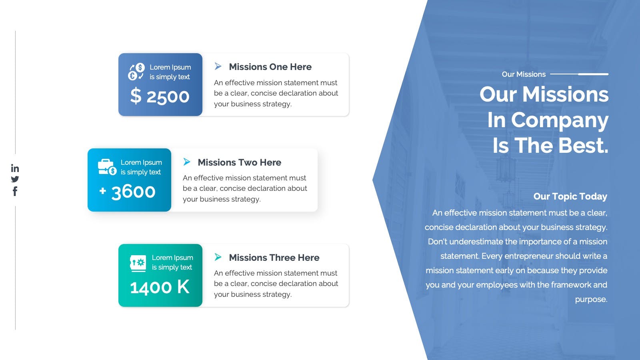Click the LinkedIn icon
pos(15,168)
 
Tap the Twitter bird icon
pos(15,179)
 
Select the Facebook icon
pos(15,191)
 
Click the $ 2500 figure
pos(160,96)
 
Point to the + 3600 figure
pos(128,192)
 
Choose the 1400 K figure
pos(160,287)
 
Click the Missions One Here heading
pos(270,66)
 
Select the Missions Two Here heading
pos(240,162)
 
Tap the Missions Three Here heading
pos(274,258)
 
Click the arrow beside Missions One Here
pos(218,66)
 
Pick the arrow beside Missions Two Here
pos(186,162)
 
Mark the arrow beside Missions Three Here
pos(218,257)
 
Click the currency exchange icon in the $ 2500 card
pos(136,72)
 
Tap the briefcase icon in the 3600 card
pos(107,167)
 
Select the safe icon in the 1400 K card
pos(138,263)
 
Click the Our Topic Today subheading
pos(570,196)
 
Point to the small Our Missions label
pos(524,74)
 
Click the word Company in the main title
pos(560,120)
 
